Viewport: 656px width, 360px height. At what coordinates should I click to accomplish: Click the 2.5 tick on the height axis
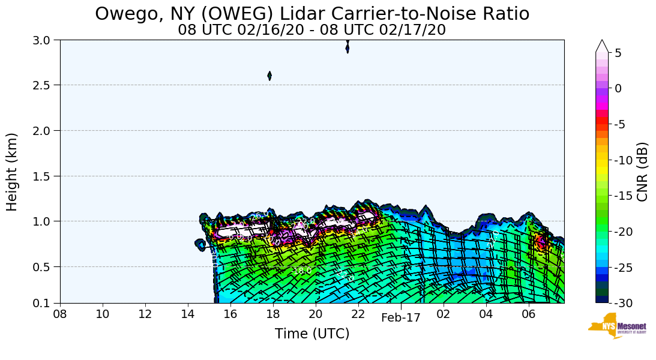[44, 85]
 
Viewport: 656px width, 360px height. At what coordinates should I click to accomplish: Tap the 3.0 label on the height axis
[44, 40]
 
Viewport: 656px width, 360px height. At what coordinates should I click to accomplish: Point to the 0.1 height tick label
[44, 303]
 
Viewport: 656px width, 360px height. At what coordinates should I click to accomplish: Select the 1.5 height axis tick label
[44, 176]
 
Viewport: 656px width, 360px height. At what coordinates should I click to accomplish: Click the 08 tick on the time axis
[60, 314]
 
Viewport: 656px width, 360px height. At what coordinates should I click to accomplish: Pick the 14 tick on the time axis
[188, 314]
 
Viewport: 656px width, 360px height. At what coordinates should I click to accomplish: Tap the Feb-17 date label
[401, 318]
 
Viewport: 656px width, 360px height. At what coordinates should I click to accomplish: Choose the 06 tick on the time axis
[529, 314]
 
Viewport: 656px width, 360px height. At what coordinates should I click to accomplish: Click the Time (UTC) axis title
[312, 334]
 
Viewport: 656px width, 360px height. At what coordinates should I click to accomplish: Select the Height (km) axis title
[13, 172]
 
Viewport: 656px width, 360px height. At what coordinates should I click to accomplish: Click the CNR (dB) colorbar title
[642, 172]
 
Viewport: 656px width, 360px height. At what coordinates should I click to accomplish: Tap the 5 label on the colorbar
[618, 53]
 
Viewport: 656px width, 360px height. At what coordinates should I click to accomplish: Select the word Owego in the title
[122, 14]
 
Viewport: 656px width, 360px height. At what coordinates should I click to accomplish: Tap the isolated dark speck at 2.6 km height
[269, 76]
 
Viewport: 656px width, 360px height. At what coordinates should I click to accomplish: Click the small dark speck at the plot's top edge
[348, 47]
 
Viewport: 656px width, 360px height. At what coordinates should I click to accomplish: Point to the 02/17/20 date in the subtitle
[414, 29]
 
